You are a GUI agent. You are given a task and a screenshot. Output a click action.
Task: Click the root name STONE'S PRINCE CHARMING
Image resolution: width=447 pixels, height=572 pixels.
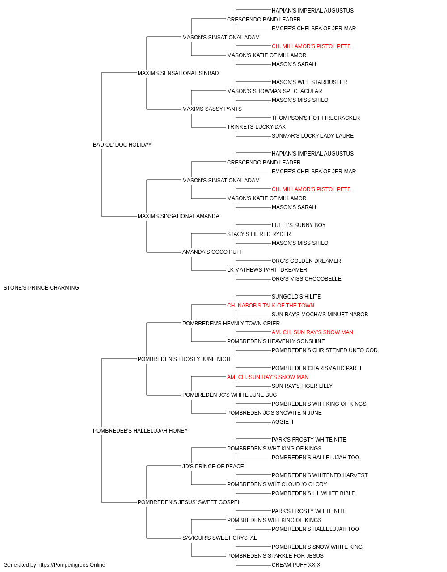pyautogui.click(x=41, y=288)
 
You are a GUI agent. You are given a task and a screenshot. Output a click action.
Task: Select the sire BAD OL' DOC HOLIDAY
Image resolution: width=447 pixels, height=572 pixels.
pyautogui.click(x=122, y=145)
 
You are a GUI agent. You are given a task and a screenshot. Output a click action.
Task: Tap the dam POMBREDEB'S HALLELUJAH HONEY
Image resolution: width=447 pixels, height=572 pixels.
pyautogui.click(x=140, y=431)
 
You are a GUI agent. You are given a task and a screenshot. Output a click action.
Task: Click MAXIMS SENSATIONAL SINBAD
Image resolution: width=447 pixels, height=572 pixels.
pyautogui.click(x=178, y=73)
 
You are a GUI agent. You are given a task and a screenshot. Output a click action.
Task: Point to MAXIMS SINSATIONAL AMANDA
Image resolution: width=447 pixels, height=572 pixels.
pyautogui.click(x=178, y=216)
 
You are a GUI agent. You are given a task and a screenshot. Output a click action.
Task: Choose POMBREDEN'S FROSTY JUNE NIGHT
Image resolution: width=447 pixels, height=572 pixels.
pyautogui.click(x=186, y=359)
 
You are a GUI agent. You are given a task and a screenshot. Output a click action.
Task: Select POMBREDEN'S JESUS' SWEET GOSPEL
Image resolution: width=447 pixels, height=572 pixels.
pyautogui.click(x=189, y=502)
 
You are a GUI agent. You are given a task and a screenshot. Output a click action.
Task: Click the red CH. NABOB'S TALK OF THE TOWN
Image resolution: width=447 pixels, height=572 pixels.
pyautogui.click(x=270, y=306)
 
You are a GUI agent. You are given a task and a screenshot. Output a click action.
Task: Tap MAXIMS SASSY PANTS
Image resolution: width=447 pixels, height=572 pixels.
pyautogui.click(x=212, y=109)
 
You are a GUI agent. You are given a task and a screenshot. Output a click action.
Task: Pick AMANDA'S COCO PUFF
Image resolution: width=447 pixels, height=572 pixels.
pyautogui.click(x=212, y=252)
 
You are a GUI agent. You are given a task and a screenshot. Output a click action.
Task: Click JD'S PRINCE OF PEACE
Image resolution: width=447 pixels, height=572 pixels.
pyautogui.click(x=213, y=467)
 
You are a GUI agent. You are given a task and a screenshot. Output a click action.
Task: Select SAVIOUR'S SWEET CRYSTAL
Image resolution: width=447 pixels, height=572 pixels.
pyautogui.click(x=219, y=538)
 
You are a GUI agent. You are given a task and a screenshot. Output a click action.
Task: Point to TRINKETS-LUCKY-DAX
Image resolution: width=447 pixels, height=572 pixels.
pyautogui.click(x=256, y=127)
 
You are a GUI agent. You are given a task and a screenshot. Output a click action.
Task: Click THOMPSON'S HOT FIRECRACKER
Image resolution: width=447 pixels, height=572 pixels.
pyautogui.click(x=316, y=118)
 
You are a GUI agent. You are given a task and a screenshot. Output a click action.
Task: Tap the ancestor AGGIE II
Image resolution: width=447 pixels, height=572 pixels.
pyautogui.click(x=282, y=422)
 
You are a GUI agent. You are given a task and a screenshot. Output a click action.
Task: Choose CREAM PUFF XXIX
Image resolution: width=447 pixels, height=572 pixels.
pyautogui.click(x=296, y=565)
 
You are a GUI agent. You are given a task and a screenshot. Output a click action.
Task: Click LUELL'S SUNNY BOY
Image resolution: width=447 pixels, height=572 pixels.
pyautogui.click(x=299, y=225)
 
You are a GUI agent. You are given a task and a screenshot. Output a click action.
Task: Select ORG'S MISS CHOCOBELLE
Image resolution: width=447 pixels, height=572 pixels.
pyautogui.click(x=307, y=279)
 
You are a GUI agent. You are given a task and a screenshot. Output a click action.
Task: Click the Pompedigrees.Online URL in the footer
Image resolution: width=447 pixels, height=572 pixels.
pyautogui.click(x=71, y=565)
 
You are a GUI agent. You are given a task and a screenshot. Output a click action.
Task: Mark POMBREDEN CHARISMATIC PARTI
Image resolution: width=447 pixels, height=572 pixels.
pyautogui.click(x=316, y=368)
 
